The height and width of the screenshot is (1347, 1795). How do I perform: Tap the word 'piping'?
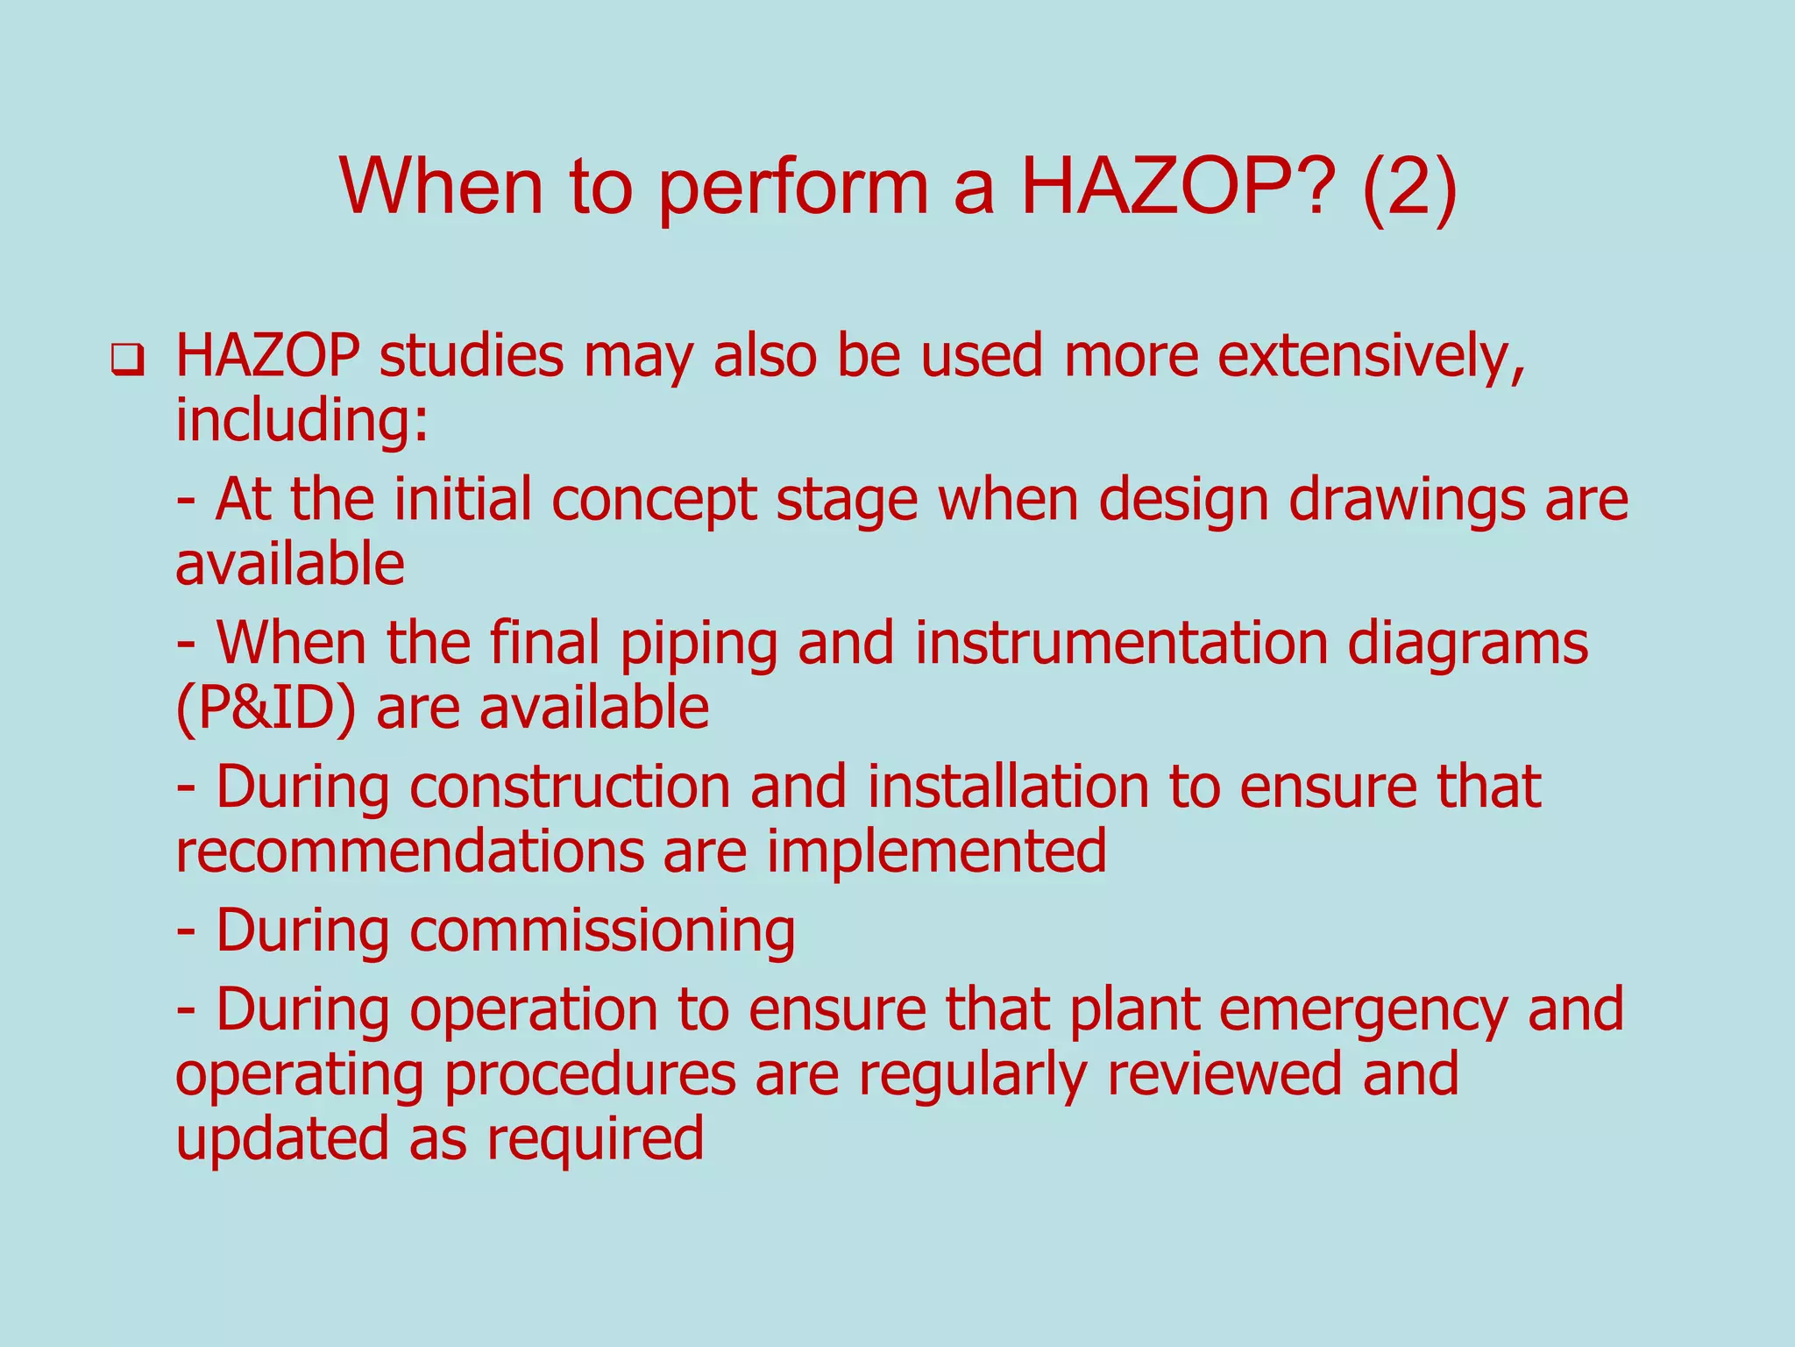coord(699,644)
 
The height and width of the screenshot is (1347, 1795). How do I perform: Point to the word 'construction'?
coord(570,786)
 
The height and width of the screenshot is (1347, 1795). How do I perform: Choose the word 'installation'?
coord(1008,786)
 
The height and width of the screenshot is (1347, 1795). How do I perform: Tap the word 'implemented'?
coord(937,852)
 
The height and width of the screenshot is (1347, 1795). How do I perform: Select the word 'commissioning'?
coord(603,931)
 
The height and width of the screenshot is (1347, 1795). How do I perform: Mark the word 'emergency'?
coord(1363,1010)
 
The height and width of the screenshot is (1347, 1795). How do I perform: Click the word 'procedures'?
coord(589,1075)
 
